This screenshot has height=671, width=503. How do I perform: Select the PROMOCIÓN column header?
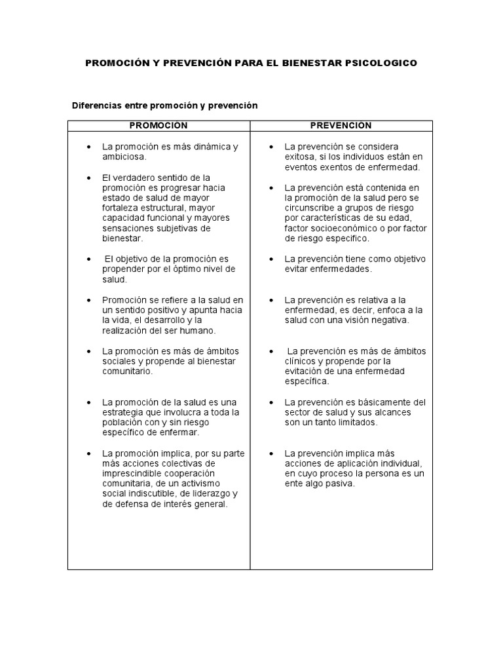click(x=158, y=126)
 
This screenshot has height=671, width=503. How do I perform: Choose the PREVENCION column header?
click(x=341, y=126)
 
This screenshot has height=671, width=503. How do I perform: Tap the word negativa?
click(x=389, y=320)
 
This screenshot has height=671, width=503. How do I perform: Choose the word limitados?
click(x=360, y=423)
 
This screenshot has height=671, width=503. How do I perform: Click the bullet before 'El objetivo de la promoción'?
click(x=88, y=259)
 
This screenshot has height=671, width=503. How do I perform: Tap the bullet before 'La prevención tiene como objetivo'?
click(x=270, y=259)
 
